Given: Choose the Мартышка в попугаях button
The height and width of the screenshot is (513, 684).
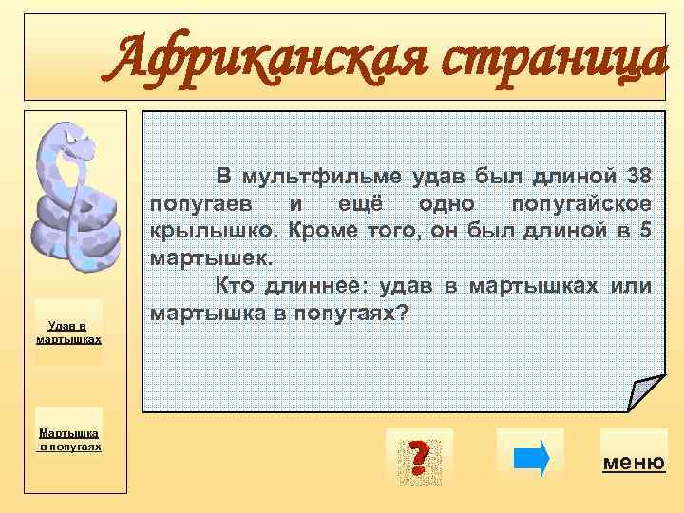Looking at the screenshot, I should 67,439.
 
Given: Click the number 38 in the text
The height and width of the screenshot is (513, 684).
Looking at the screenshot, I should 638,177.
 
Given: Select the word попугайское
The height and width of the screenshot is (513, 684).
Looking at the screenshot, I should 580,204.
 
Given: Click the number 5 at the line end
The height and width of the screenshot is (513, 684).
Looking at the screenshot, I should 645,231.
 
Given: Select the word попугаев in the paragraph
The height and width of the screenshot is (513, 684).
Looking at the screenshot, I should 196,204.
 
